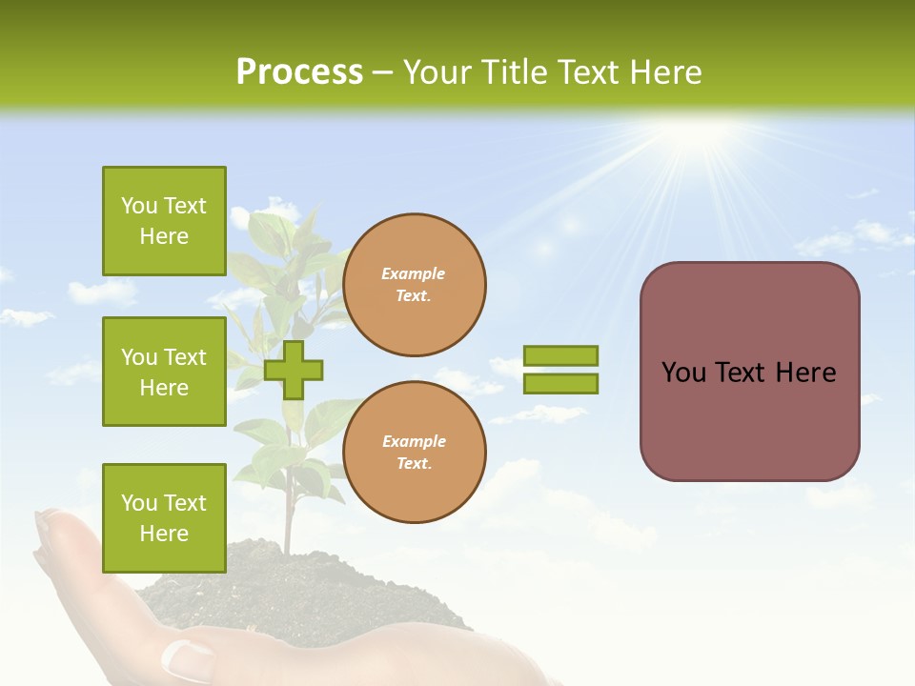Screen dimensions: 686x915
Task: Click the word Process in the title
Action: pos(299,72)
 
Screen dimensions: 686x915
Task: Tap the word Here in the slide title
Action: pos(661,72)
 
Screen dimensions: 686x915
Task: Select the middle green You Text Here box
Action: pos(164,372)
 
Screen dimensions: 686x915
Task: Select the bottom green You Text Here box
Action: pos(164,518)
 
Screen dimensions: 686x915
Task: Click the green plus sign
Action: pos(294,370)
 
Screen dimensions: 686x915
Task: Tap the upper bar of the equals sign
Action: pos(560,356)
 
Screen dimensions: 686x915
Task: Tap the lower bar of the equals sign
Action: pos(560,384)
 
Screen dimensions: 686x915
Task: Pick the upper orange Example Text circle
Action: pos(414,285)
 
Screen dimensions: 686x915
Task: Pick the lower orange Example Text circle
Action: pos(414,452)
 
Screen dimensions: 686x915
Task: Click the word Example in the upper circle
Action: pos(414,273)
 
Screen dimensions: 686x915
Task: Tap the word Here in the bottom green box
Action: pos(164,534)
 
